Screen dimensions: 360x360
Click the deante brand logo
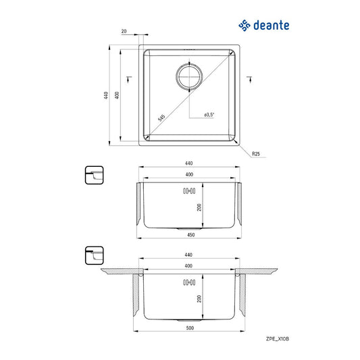[264, 25]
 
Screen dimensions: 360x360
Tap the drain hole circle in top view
[189, 76]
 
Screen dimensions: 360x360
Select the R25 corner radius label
[256, 155]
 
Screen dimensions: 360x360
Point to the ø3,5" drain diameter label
[209, 115]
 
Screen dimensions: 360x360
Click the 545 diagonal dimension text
[161, 118]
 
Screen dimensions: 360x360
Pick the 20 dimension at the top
[124, 31]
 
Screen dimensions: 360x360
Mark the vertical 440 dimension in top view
[107, 95]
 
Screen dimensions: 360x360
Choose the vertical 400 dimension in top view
[118, 95]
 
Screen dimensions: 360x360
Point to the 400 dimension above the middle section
[189, 174]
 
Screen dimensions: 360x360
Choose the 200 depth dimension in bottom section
[199, 299]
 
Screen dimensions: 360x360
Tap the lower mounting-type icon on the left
[91, 255]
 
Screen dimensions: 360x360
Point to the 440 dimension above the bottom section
[189, 255]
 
